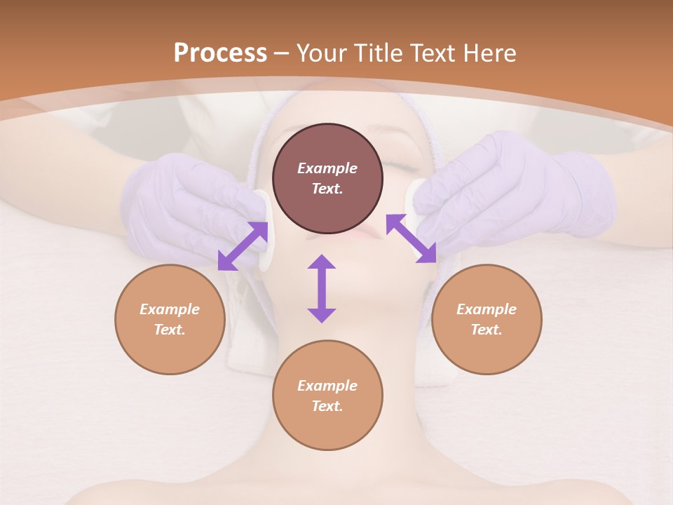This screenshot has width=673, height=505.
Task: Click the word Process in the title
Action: pos(220,53)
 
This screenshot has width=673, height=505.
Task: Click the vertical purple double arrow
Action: pos(322,288)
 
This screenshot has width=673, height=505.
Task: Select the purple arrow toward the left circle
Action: pos(243,246)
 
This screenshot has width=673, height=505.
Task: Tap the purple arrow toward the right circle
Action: pos(411,239)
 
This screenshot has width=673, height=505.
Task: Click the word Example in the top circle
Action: pos(327,168)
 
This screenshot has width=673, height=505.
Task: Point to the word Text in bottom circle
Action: pos(326,406)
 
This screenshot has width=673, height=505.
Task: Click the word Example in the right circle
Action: pos(487,309)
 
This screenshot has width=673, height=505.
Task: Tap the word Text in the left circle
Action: pos(169,330)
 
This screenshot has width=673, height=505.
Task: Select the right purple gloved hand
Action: pos(519,189)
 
